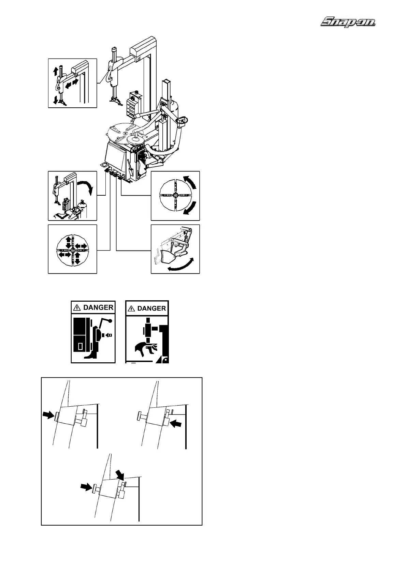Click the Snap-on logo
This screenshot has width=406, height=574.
coord(348,23)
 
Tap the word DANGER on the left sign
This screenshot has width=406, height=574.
coord(98,307)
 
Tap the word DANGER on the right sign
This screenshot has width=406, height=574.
coord(151,308)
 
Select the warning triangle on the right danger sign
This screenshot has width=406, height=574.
coord(131,308)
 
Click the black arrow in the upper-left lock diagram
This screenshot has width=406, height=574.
coord(48,415)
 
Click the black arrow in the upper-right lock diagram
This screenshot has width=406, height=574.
coord(176,423)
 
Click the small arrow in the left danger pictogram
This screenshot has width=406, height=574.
coord(109,335)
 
